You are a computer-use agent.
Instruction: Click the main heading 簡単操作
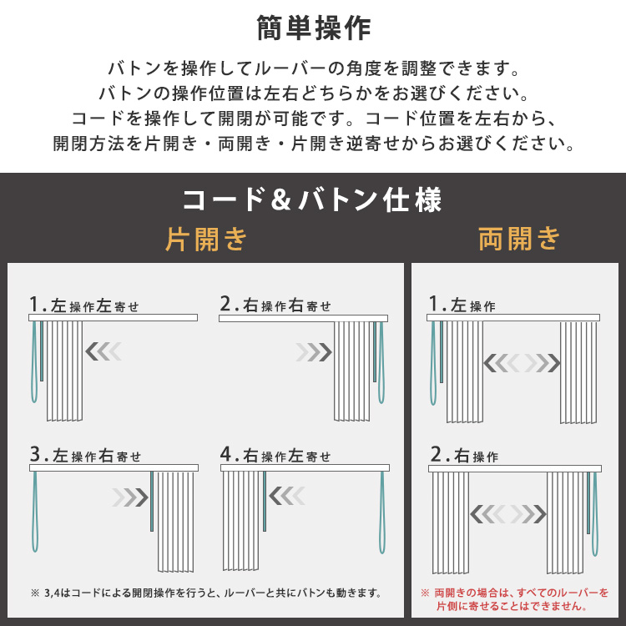(x=313, y=28)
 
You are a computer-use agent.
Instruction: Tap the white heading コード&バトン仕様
(x=312, y=199)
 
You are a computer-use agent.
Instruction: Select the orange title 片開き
(x=206, y=240)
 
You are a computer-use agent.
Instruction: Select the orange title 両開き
(x=519, y=239)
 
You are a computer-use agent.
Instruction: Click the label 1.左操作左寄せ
(x=83, y=305)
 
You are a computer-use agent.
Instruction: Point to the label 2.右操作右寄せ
(x=275, y=305)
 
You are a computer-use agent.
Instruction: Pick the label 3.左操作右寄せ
(x=85, y=455)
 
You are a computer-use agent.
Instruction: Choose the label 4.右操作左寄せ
(x=275, y=455)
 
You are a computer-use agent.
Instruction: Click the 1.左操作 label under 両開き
(x=462, y=305)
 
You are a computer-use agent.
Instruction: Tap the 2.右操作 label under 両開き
(x=464, y=455)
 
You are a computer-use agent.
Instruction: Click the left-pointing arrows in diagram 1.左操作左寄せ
(x=103, y=351)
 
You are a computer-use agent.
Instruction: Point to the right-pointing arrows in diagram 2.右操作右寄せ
(x=314, y=352)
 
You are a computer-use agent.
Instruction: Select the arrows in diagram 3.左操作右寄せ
(x=130, y=497)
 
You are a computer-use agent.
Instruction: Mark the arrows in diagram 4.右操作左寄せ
(x=287, y=496)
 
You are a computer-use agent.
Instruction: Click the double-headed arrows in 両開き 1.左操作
(x=522, y=363)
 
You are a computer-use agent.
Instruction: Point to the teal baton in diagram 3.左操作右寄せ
(x=152, y=502)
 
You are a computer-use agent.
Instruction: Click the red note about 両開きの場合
(x=515, y=599)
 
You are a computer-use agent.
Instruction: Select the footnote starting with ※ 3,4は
(x=206, y=593)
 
